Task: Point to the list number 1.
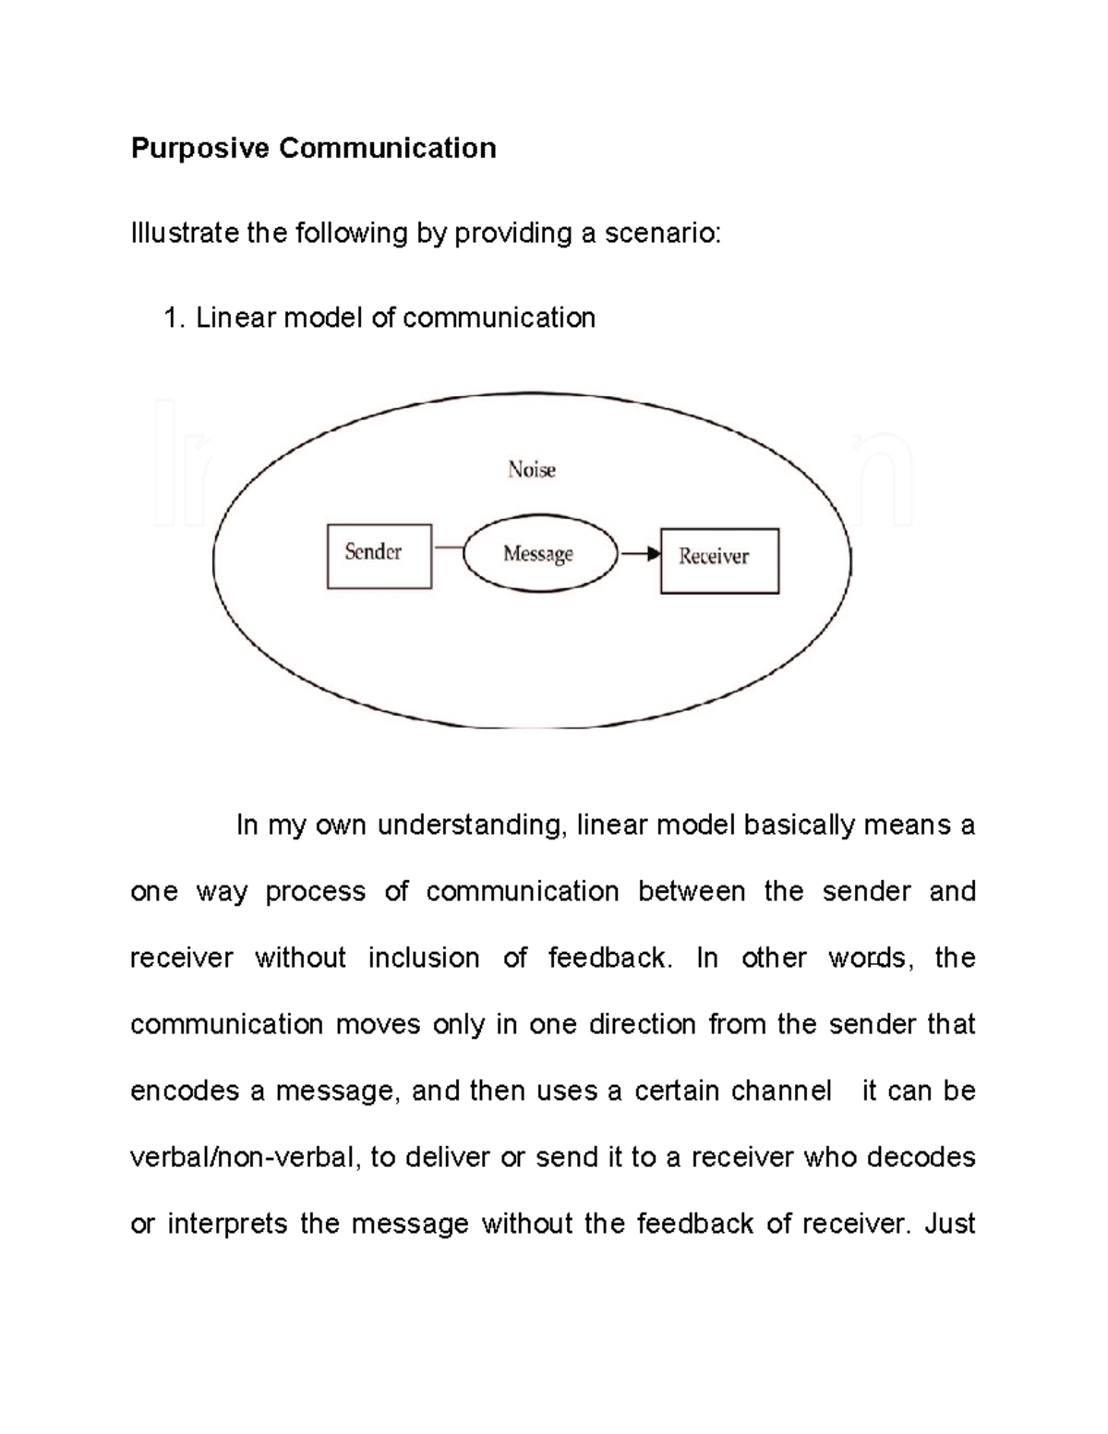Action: click(174, 319)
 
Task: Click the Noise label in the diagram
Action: click(532, 470)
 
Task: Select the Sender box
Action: click(379, 556)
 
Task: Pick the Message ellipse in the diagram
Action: click(539, 554)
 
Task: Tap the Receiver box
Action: click(719, 560)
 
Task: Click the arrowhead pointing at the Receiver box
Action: click(654, 554)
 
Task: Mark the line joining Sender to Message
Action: click(448, 548)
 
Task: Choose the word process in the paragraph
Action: click(315, 892)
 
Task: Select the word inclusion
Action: click(424, 958)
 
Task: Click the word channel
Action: click(781, 1091)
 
